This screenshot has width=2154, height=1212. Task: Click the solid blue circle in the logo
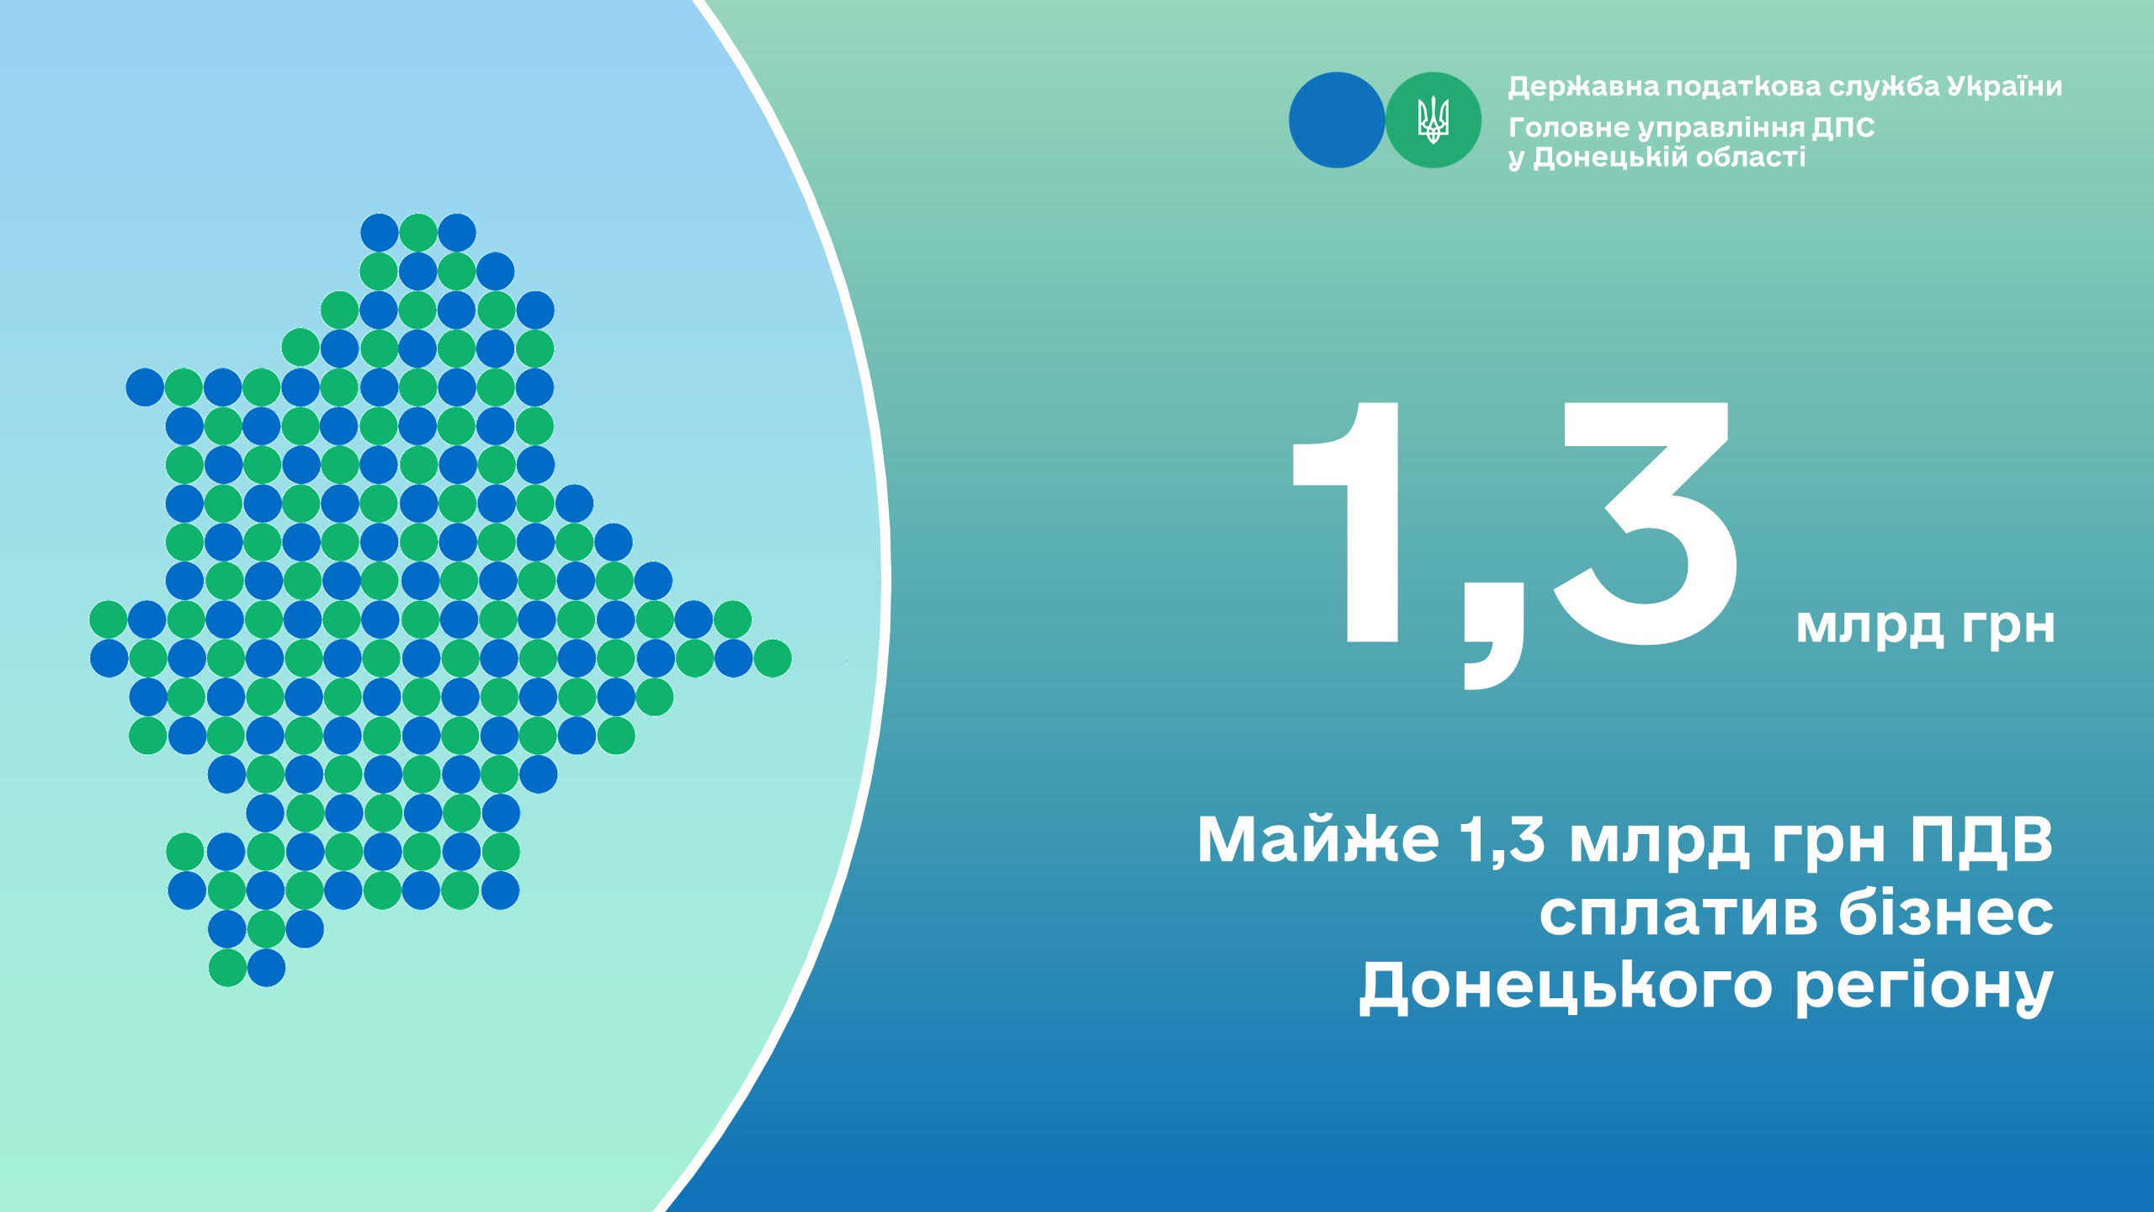click(x=1337, y=120)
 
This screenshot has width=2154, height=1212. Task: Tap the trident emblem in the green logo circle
click(x=1433, y=120)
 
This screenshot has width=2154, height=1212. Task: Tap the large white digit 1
click(x=1344, y=521)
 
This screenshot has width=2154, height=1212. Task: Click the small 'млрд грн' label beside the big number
click(x=1925, y=625)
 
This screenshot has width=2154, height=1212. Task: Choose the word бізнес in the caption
click(x=1947, y=911)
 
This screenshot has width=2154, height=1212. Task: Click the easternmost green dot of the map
click(x=772, y=658)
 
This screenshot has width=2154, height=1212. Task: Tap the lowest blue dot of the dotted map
click(x=266, y=968)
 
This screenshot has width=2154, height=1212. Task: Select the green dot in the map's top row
click(x=418, y=232)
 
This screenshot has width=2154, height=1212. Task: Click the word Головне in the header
click(x=1569, y=128)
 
